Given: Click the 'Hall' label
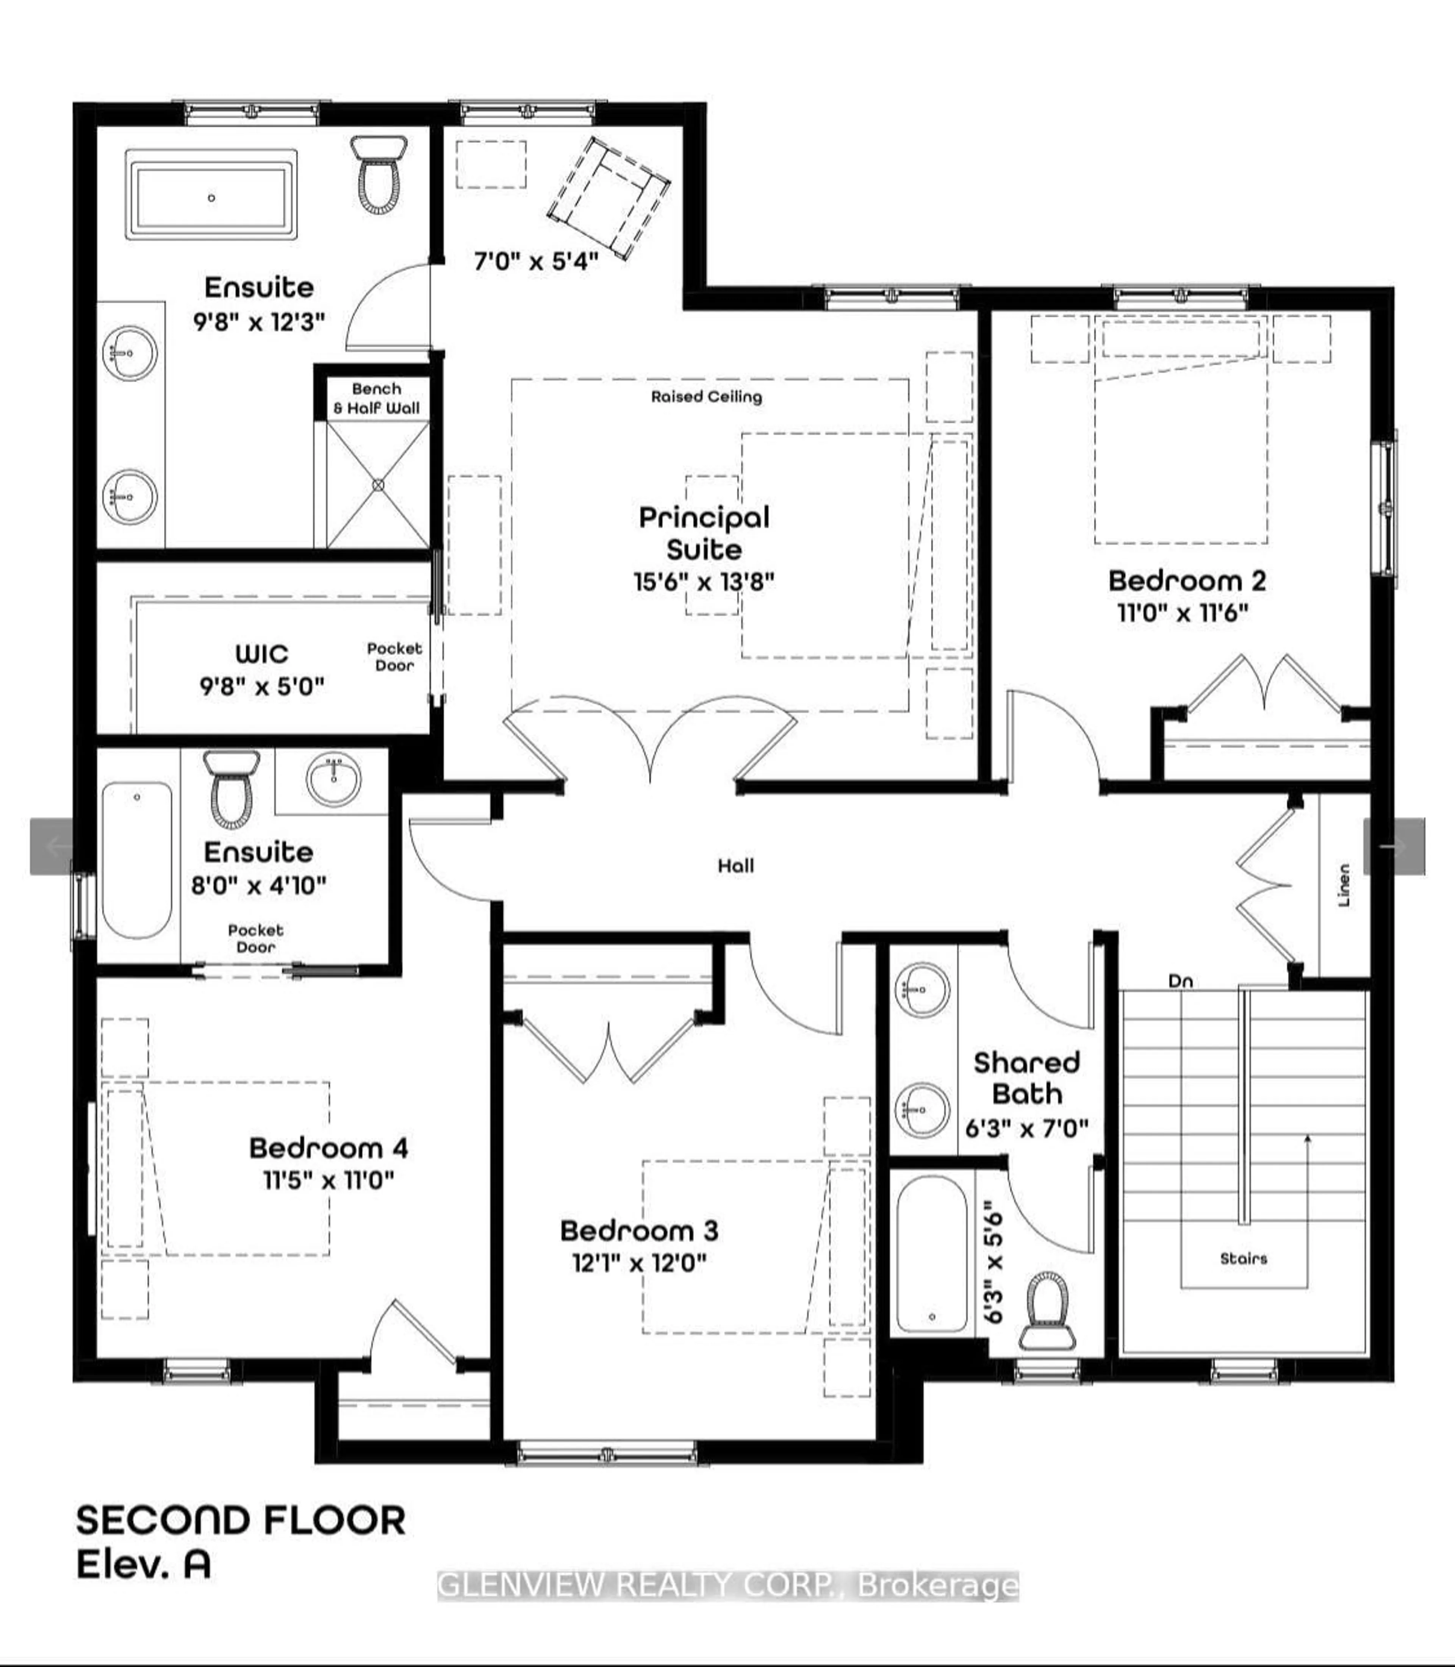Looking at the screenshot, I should point(735,866).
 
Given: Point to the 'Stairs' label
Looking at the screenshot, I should point(1243,1259).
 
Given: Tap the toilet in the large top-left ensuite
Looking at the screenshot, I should point(379,177).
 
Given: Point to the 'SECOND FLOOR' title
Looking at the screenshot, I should point(241,1520).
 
